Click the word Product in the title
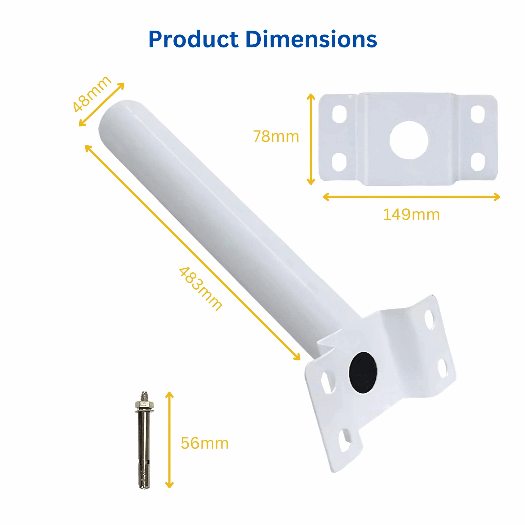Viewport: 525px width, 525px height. pos(194,39)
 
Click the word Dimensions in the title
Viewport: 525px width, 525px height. pos(311,39)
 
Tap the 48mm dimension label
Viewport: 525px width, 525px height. pos(92,94)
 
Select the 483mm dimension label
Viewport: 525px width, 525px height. pos(200,289)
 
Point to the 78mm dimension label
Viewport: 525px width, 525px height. pos(276,136)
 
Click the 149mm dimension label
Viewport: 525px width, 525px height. pos(411,215)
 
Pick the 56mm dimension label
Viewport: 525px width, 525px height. pos(205,443)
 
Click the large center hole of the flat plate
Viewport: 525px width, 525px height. pos(409,140)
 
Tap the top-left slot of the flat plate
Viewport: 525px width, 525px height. pos(339,114)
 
